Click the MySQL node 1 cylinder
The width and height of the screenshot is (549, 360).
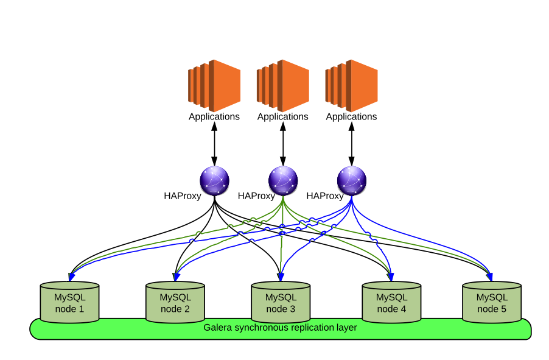69,301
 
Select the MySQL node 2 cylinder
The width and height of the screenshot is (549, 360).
175,301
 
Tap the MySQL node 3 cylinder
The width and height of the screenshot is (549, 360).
281,301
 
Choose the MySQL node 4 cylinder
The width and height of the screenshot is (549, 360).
391,301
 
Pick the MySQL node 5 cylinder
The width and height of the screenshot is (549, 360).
491,301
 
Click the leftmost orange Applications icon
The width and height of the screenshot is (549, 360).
214,85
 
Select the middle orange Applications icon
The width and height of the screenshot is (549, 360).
283,85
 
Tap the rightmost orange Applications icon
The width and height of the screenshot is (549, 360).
352,85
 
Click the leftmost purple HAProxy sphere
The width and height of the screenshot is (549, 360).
214,181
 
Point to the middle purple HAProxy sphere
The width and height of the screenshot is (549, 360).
283,181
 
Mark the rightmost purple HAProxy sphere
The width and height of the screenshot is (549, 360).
352,181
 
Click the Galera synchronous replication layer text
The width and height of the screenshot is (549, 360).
280,328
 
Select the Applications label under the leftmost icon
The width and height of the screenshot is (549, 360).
214,117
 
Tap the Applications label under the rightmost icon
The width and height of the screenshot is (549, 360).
352,117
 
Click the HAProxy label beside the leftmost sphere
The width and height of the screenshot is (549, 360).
183,196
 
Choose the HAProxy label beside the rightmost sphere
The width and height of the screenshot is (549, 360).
325,196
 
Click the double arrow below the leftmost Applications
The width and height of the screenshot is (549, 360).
214,144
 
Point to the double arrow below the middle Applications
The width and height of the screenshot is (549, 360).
283,144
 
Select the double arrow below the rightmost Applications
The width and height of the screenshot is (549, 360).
352,144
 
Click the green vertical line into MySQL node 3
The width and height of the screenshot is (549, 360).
283,250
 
